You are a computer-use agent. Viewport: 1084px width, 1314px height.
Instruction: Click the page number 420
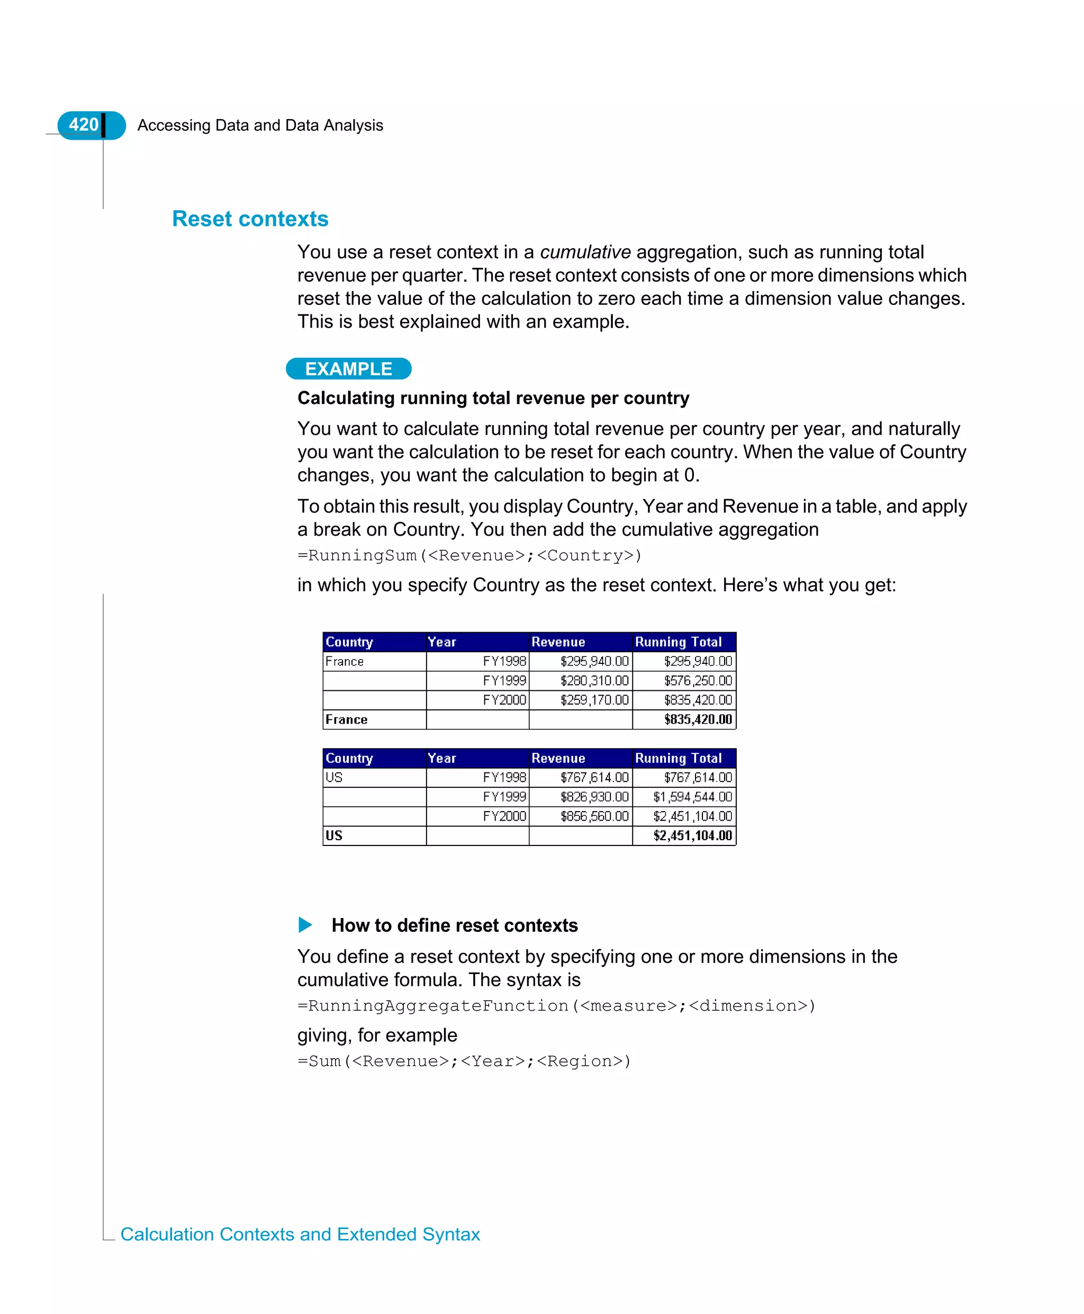83,124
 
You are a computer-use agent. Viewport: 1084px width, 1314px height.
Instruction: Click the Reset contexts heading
250,219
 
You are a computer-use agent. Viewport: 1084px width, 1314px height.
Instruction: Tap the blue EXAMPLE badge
348,368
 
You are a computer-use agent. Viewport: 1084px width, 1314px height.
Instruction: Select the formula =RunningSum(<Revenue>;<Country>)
469,555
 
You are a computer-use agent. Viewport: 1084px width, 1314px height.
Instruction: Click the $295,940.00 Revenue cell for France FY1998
593,661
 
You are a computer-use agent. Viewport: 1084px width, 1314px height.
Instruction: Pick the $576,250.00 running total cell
698,680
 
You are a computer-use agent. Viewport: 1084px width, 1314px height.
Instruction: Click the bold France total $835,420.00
698,719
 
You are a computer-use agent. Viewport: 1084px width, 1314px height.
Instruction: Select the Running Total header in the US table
678,758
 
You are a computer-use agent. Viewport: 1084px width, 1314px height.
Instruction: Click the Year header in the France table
442,642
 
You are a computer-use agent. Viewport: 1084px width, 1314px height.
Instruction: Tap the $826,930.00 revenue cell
593,796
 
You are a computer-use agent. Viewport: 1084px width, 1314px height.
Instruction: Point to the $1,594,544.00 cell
692,796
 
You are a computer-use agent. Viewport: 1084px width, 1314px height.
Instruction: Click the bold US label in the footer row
334,835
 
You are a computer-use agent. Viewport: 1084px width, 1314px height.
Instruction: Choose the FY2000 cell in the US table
504,816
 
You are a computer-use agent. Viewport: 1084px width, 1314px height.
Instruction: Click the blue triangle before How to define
305,924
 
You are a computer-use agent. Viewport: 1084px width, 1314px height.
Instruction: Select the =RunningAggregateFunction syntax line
556,1005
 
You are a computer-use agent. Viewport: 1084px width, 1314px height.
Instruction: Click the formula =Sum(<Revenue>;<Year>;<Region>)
464,1061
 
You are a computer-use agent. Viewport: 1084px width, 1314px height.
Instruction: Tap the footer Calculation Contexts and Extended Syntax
300,1234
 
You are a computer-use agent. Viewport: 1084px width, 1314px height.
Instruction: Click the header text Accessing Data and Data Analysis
260,125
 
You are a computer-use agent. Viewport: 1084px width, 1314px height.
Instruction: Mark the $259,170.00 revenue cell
593,699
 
